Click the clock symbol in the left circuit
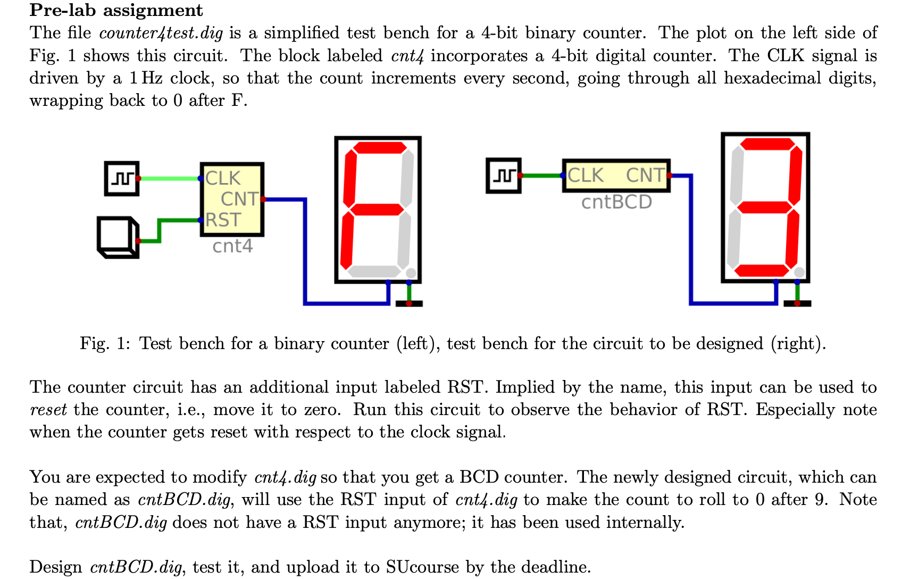122,178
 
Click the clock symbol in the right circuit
503,175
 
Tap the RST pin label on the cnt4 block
223,220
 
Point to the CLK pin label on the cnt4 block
223,178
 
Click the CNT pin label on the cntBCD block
645,175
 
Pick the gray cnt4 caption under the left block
232,246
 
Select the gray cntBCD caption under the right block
616,202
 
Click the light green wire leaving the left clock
169,179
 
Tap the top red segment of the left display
380,147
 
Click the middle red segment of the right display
765,207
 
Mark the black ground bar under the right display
797,303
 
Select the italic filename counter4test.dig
161,33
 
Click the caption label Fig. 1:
105,343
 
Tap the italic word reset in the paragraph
48,410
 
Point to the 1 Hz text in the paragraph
146,78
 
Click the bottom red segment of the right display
762,271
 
